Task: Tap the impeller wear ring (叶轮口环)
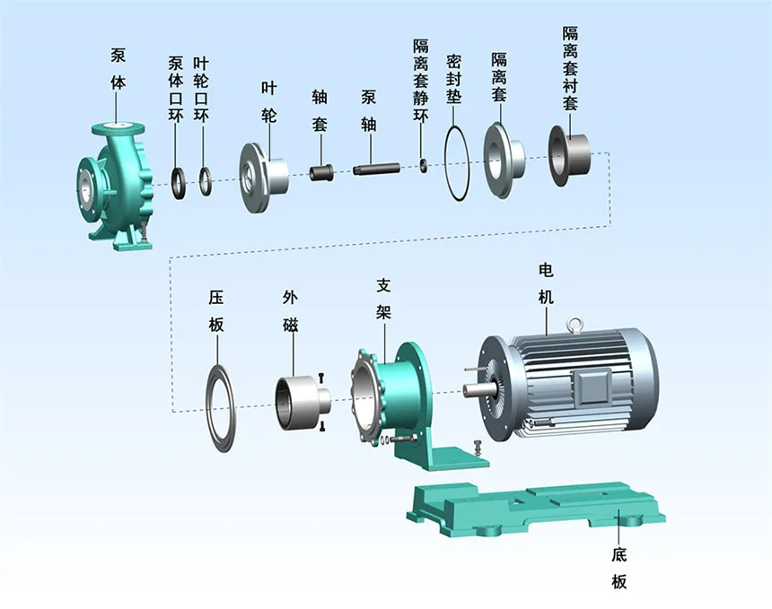[206, 180]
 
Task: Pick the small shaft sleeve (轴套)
[322, 171]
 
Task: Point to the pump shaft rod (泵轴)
[375, 167]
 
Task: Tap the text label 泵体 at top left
[118, 66]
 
